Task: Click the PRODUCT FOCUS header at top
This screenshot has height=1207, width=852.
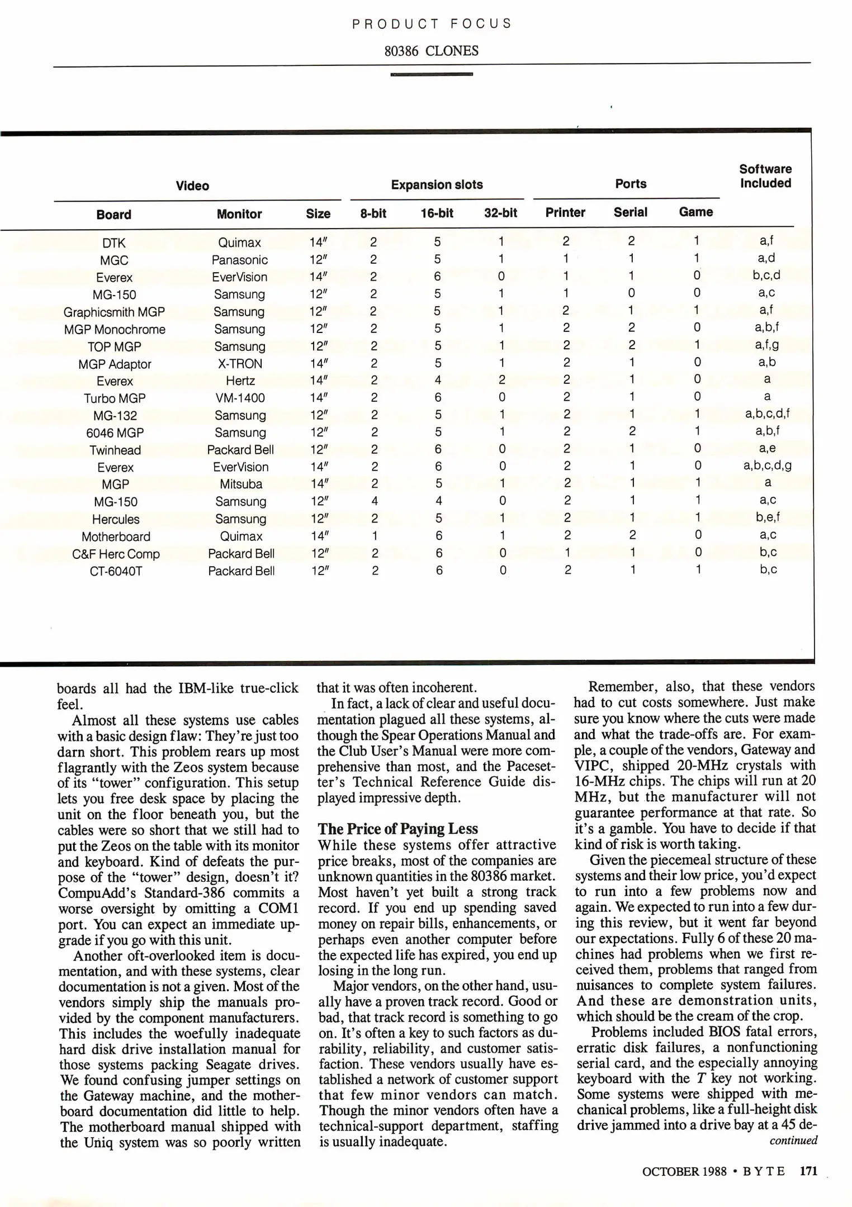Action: [x=432, y=23]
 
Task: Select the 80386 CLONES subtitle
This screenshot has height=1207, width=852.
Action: [x=431, y=51]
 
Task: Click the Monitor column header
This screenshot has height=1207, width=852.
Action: [x=239, y=214]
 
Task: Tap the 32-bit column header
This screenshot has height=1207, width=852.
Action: [x=500, y=213]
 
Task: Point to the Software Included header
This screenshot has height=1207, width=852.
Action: [x=765, y=176]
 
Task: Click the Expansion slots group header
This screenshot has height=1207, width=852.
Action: [x=437, y=185]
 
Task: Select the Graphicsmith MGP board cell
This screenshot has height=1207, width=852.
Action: [x=114, y=312]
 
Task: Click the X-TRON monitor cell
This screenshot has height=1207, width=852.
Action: [x=240, y=364]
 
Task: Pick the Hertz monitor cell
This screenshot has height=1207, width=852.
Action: [x=240, y=381]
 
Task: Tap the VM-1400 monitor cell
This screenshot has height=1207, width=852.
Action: [x=240, y=398]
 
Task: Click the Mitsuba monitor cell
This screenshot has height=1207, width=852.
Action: [x=241, y=484]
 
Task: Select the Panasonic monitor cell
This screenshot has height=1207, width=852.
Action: [x=239, y=260]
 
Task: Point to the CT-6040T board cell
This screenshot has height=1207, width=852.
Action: [x=116, y=571]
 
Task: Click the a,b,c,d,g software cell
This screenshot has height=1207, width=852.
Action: [x=767, y=465]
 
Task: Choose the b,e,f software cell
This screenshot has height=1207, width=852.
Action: [x=768, y=517]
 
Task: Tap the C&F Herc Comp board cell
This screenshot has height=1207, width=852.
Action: [x=116, y=554]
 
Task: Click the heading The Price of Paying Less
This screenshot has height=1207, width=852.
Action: [x=398, y=829]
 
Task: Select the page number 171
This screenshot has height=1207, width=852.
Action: [x=808, y=1171]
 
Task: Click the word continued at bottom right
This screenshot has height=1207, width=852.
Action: [x=793, y=1141]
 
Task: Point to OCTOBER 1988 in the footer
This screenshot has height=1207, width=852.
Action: [x=684, y=1171]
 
